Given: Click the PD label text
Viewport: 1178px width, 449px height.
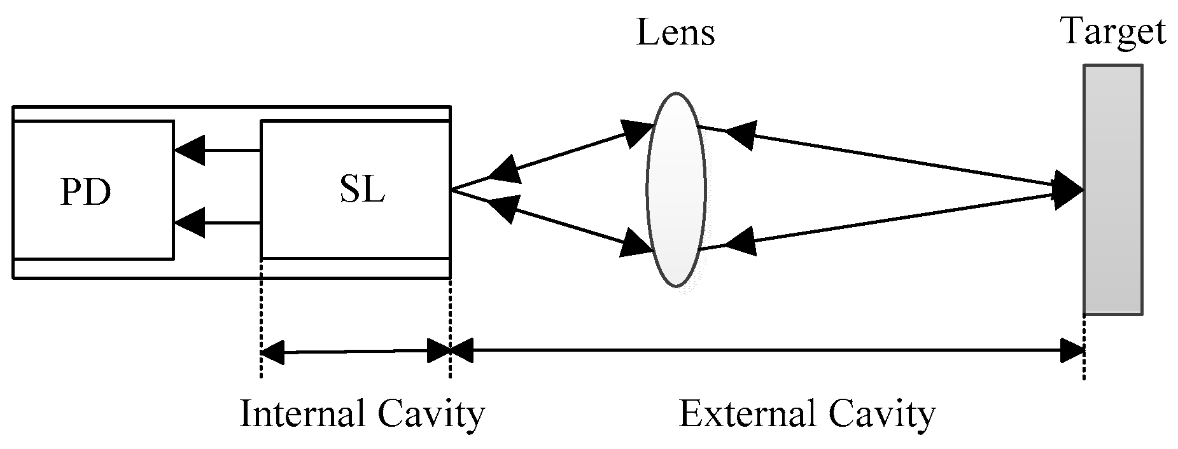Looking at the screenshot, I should point(86,191).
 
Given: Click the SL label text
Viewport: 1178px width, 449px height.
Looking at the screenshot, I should point(362,189).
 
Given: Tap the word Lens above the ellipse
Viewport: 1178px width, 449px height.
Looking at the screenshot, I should point(675,33).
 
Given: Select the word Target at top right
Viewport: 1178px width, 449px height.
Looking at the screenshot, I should point(1113,32).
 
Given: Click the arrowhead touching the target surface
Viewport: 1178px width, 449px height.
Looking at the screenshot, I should point(1069,189).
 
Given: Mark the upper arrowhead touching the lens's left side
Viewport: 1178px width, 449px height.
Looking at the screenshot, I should point(638,133).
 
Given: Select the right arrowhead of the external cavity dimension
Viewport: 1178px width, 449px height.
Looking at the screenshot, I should point(1072,350).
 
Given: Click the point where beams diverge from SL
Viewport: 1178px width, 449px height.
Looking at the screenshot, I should point(452,189).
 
